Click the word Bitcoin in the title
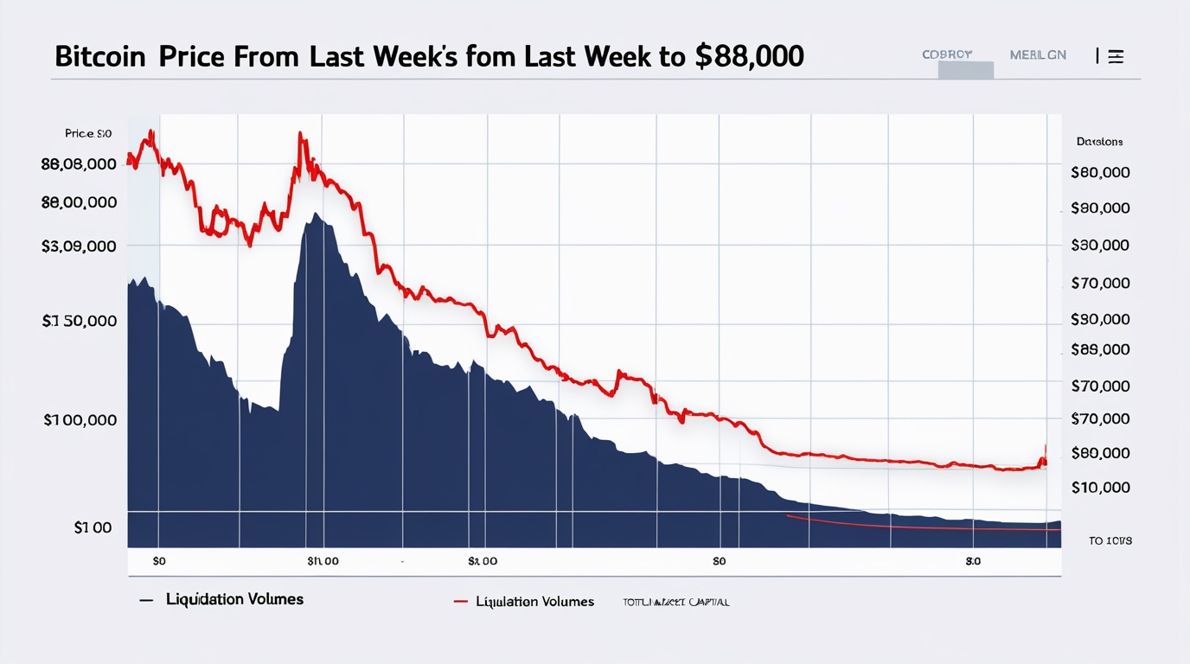click(101, 56)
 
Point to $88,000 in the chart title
click(749, 56)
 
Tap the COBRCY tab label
click(947, 54)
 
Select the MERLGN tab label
click(1038, 54)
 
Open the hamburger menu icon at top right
click(1116, 56)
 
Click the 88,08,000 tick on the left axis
click(79, 164)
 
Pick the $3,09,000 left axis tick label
click(79, 246)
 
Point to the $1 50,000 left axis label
click(79, 321)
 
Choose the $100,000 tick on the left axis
click(80, 420)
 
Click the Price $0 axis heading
click(88, 134)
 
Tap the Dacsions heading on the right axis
click(1099, 141)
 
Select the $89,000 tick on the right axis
click(1100, 349)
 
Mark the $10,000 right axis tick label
click(1100, 488)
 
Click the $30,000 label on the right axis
click(1100, 246)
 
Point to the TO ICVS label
click(1110, 540)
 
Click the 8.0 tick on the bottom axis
click(973, 561)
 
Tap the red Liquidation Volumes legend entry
click(534, 602)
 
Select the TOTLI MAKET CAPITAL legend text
click(675, 602)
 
